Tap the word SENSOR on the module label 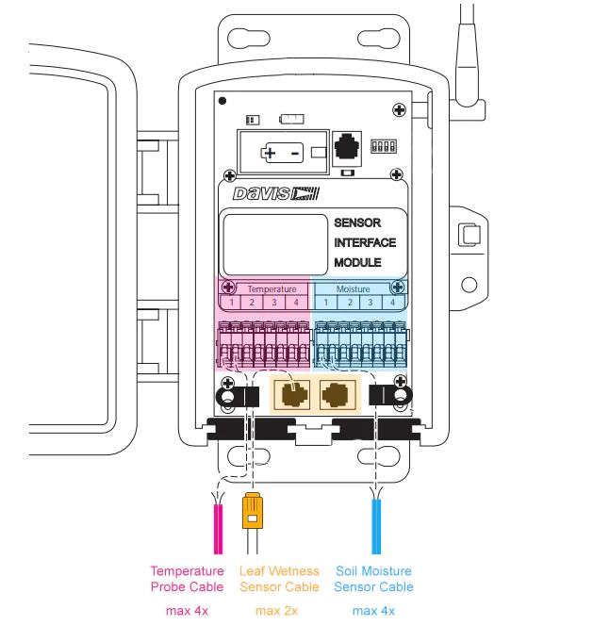[x=357, y=223]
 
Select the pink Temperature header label [x=272, y=288]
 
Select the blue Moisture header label [x=354, y=288]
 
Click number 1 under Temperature [x=229, y=303]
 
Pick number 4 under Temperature [x=296, y=303]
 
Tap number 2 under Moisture [x=349, y=303]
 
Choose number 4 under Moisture [x=393, y=303]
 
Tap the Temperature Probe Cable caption [x=187, y=579]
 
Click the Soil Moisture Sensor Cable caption [x=373, y=579]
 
